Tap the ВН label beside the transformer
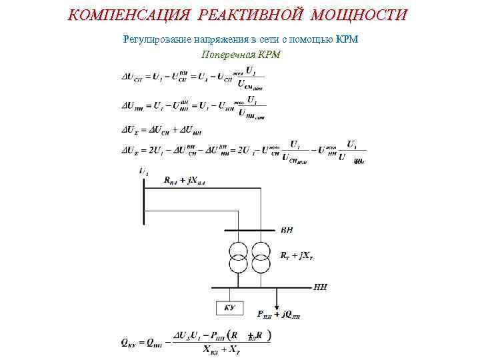[286, 230]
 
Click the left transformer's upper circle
[239, 249]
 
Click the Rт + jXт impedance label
[297, 255]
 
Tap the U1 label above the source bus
[143, 172]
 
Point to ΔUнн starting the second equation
[134, 105]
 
